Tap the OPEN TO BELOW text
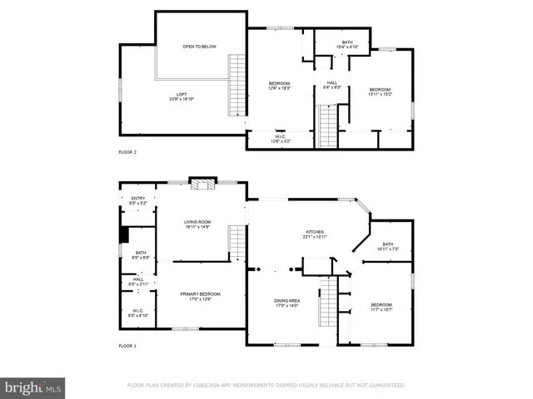pos(200,47)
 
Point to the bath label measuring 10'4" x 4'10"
pos(346,44)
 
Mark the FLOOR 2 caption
pos(127,153)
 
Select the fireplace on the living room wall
pos(201,184)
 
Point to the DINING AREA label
pos(286,303)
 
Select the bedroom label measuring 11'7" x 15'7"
pos(381,307)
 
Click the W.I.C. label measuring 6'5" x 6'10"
pos(138,313)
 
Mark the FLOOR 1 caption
pos(127,345)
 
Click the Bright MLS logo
pos(33,387)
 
